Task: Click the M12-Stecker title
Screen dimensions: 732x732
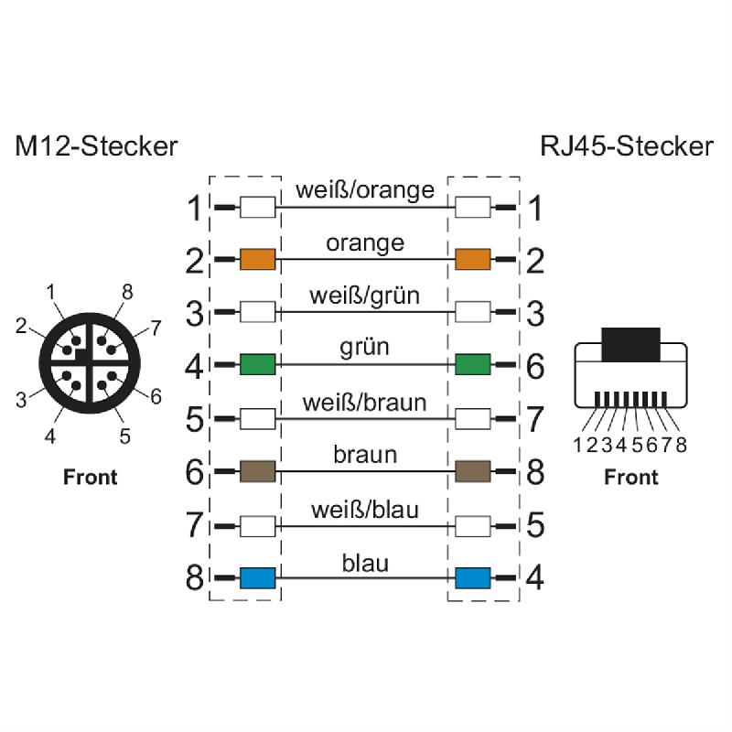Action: pos(96,146)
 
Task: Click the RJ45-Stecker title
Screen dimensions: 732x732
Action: pos(626,146)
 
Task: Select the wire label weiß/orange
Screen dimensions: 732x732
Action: pos(364,190)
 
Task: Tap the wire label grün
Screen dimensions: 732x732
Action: pos(364,348)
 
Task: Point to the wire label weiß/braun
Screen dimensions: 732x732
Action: pos(364,403)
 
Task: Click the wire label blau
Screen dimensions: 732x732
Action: pos(364,562)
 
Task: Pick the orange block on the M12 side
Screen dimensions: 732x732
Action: pos(257,260)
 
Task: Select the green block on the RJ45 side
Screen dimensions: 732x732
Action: pos(473,366)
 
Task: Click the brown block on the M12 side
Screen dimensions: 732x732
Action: pos(257,472)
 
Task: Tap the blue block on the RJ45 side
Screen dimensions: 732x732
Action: pos(473,577)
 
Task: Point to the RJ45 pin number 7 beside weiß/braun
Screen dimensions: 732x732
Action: pos(535,420)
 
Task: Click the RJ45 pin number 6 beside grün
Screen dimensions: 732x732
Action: pos(535,367)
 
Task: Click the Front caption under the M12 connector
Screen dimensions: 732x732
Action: pos(90,477)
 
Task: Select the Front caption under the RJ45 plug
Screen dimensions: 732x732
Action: pos(631,477)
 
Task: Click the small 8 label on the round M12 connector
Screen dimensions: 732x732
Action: pos(127,293)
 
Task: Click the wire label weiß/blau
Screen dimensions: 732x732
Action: pos(364,509)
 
